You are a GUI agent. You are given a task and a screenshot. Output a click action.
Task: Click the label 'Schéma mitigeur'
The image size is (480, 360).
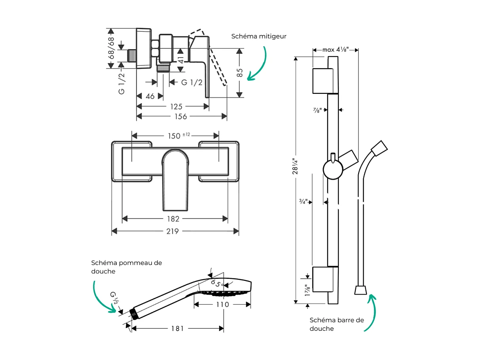pyautogui.click(x=259, y=36)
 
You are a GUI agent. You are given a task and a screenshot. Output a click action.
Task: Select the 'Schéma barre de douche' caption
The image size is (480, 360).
pyautogui.click(x=337, y=324)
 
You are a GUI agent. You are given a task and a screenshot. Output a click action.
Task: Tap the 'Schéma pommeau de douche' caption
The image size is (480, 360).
pyautogui.click(x=126, y=267)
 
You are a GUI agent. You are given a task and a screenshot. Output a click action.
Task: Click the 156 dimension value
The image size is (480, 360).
pyautogui.click(x=182, y=116)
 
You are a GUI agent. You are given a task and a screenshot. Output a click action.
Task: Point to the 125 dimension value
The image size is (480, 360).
pyautogui.click(x=176, y=107)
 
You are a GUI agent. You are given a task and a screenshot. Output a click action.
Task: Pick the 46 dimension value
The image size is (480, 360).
pyautogui.click(x=150, y=96)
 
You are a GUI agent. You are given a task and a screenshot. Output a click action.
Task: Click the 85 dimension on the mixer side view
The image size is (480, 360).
pyautogui.click(x=239, y=72)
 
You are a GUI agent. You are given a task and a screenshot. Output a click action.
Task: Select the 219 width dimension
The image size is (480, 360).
pyautogui.click(x=173, y=231)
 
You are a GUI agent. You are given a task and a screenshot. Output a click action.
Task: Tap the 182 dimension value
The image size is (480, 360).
pyautogui.click(x=173, y=219)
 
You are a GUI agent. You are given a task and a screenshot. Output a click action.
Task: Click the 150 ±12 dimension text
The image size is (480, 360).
pyautogui.click(x=178, y=135)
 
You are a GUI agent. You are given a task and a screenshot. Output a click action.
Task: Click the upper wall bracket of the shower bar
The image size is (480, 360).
pyautogui.click(x=323, y=81)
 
